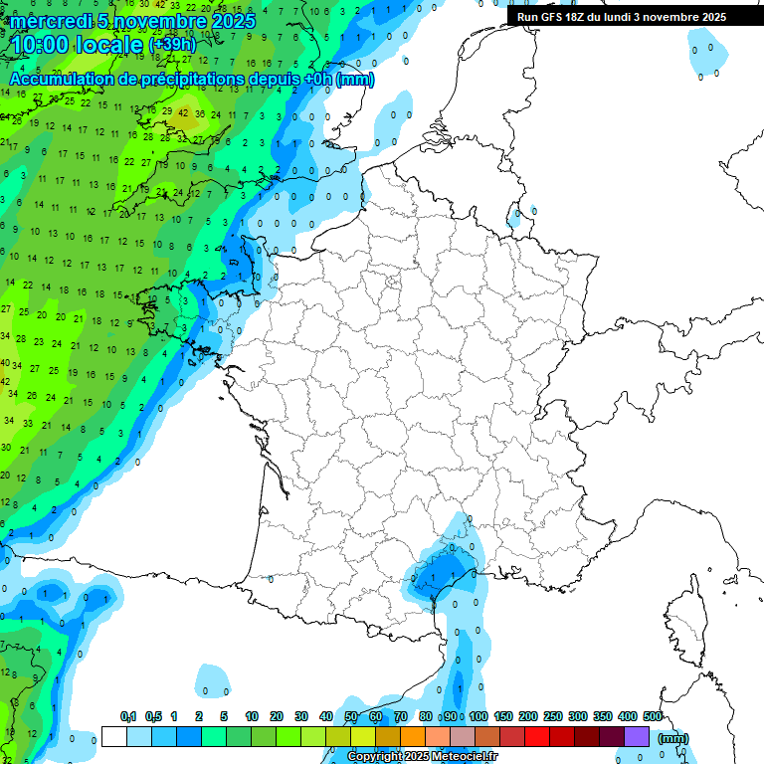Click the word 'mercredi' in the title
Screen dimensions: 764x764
(50, 21)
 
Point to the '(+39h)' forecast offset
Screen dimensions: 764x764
(172, 45)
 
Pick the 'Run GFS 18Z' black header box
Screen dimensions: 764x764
(622, 17)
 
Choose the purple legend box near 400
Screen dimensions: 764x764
(637, 736)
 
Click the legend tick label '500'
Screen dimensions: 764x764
(653, 717)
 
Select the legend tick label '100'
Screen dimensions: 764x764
(478, 717)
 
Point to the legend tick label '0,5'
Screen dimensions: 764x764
(153, 717)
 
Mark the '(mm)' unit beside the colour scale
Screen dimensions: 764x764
(673, 737)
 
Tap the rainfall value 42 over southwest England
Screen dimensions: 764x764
(183, 112)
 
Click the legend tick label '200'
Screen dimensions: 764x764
(528, 717)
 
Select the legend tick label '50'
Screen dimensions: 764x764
(351, 717)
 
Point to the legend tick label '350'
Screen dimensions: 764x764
(603, 717)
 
